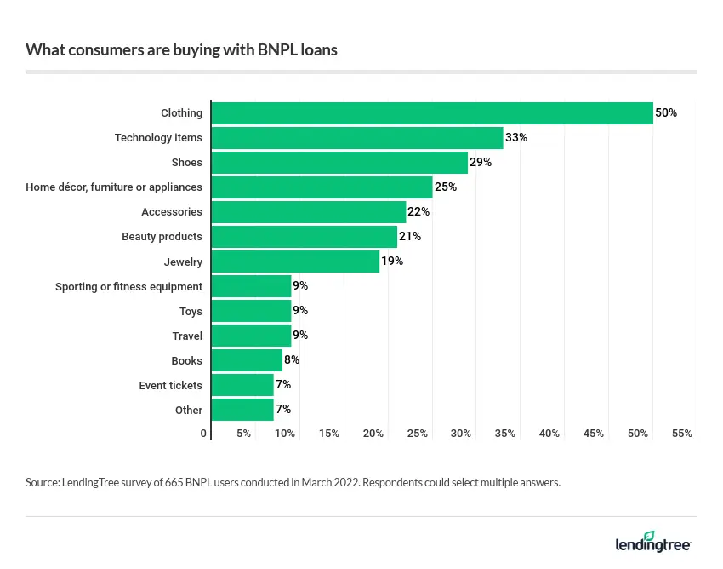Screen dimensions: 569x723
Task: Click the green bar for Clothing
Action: coord(432,113)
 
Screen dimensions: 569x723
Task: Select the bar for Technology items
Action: coord(357,138)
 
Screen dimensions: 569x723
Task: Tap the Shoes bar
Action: coord(339,162)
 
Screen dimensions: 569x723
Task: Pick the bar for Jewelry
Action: coord(295,262)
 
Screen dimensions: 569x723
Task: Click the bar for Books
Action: coord(247,360)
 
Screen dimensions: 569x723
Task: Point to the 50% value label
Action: coord(666,113)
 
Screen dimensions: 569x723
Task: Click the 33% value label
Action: coord(516,138)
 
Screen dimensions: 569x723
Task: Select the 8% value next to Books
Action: coord(292,360)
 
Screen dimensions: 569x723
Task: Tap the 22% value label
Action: coord(418,212)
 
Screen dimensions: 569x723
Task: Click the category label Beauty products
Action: coord(162,237)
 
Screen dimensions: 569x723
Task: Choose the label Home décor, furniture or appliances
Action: coord(114,187)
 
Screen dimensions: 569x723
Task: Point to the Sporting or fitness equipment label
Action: coord(128,286)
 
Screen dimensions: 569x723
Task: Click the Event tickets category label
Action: coord(170,386)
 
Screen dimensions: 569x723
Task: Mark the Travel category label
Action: coord(187,336)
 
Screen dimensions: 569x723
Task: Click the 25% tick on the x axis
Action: coord(417,434)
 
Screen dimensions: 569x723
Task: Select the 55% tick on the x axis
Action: coord(681,434)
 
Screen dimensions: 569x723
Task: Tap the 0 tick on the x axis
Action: coord(203,434)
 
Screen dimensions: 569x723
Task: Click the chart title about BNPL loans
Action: coord(181,49)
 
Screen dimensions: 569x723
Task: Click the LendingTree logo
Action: coord(653,543)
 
